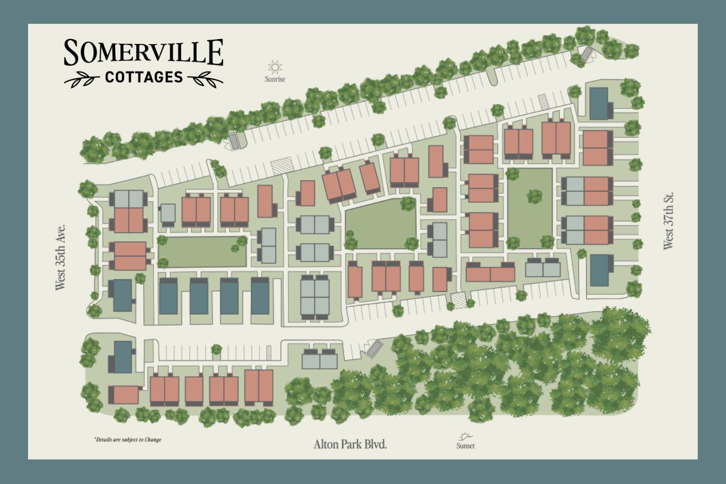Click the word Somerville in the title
point(143,53)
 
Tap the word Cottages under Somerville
point(144,77)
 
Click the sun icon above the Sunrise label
point(275,67)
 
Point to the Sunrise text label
point(275,78)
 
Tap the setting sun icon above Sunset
point(465,436)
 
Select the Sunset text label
point(465,446)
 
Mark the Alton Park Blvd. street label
point(350,444)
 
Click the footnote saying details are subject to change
point(128,440)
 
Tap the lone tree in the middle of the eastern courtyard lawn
point(534,196)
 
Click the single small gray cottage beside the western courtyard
point(167,214)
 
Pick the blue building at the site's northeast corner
point(599,103)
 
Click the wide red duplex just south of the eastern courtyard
point(490,272)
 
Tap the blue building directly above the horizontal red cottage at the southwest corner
point(122,356)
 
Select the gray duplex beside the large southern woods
point(319,359)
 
